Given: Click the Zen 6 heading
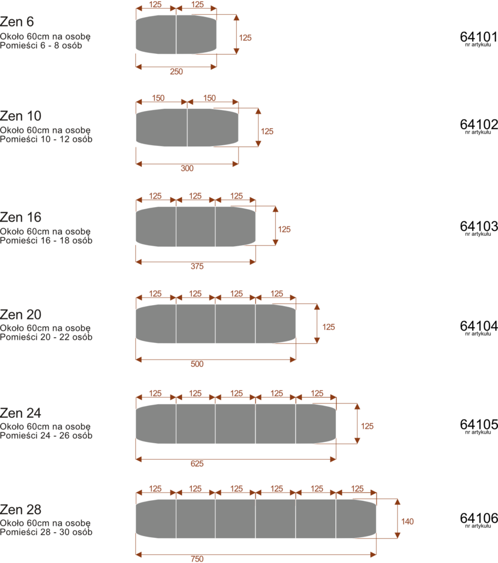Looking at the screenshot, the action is coord(17,22).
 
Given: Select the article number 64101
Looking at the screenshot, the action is coord(479,37).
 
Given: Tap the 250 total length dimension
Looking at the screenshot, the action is coord(176,71).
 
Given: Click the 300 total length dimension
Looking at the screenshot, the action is coord(187,168).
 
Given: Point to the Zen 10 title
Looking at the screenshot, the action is coord(20,116).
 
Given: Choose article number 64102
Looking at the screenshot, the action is coord(479,125).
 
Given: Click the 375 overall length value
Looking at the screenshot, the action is coord(197,266).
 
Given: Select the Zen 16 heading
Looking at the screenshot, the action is coord(20,217).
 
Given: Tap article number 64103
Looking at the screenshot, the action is coord(479,226).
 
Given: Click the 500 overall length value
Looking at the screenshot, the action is coord(197,364).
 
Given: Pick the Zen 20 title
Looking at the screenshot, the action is coord(20,314).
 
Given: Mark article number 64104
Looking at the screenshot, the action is coord(479,326).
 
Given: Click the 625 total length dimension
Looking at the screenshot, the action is coord(197,463).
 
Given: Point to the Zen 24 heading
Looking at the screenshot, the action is coord(20,413).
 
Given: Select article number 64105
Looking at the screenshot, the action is coord(479,424).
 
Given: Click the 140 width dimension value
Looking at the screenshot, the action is coord(407,521).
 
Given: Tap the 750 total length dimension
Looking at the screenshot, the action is coord(197,559).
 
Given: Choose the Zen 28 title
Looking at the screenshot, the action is coord(20,510).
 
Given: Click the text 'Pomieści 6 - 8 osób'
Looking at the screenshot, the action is coord(41,46).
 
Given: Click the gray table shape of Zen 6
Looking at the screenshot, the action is coord(176,35).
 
